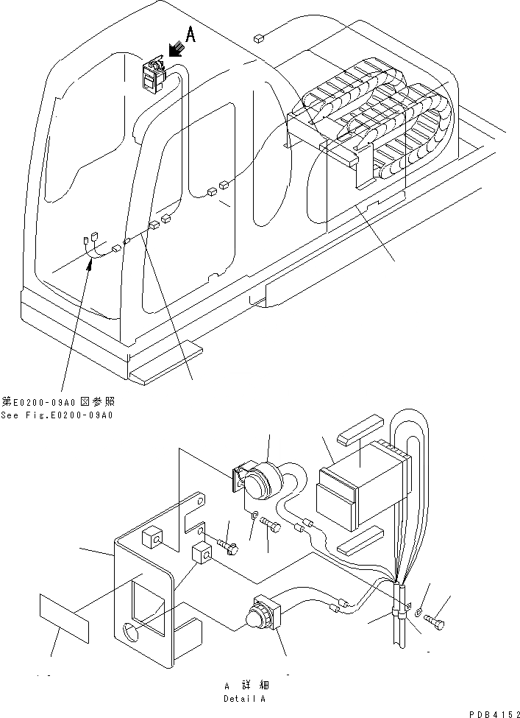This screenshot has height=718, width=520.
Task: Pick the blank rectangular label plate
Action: coord(65,619)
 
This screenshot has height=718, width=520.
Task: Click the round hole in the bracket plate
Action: coord(131,633)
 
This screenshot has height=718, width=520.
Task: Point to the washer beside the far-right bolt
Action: coord(418,611)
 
